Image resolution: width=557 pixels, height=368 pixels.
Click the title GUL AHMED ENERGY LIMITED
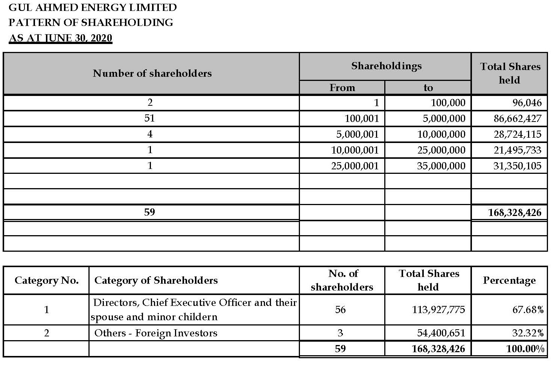click(x=93, y=8)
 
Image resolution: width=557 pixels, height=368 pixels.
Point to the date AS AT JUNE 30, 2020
click(x=60, y=38)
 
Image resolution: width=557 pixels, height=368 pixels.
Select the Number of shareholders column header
click(x=152, y=73)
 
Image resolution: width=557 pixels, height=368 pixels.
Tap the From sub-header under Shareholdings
click(x=342, y=88)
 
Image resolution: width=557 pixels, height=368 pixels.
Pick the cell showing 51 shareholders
click(x=150, y=118)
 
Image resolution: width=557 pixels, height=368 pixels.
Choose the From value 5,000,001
click(x=355, y=134)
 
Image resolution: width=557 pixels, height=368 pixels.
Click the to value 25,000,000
click(x=441, y=150)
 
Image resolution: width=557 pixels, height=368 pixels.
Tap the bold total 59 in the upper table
click(x=149, y=212)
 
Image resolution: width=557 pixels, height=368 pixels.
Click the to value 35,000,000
click(x=441, y=166)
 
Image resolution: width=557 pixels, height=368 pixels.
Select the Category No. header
click(x=46, y=280)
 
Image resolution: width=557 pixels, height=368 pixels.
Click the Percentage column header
click(x=509, y=280)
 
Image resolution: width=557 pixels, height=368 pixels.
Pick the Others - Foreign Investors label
click(x=156, y=333)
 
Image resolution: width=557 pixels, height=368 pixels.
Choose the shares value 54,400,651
click(x=441, y=333)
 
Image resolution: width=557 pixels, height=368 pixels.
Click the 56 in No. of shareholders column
click(x=340, y=310)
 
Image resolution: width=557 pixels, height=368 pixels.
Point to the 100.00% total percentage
click(x=525, y=349)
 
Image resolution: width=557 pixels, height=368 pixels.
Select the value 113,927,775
click(x=438, y=310)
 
